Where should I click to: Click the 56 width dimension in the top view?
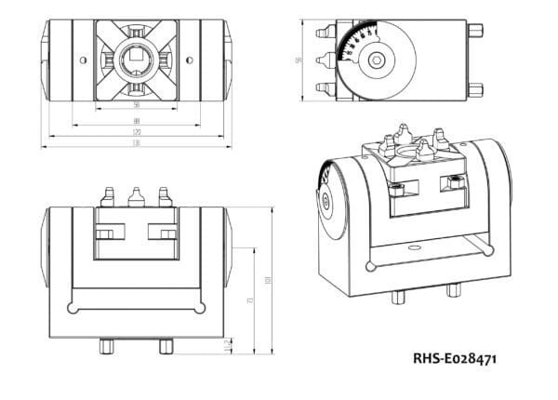[137, 105]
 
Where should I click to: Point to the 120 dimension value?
[137, 132]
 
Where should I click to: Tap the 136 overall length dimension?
[137, 144]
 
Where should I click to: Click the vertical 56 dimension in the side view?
[299, 60]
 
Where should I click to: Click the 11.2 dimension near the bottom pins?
[230, 346]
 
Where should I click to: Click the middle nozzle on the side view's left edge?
[325, 60]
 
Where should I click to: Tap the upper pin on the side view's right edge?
[476, 31]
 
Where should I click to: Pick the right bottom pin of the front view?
[166, 346]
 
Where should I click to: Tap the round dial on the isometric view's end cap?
[325, 200]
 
